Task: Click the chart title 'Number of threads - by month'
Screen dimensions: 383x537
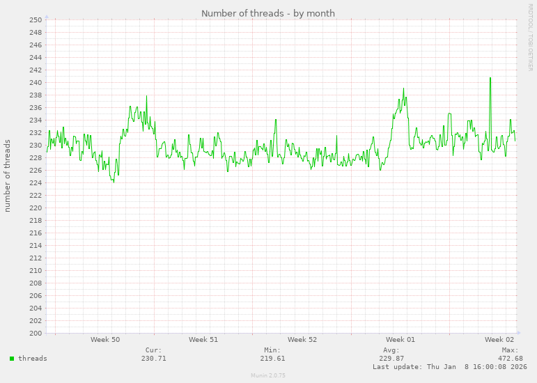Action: [x=268, y=13]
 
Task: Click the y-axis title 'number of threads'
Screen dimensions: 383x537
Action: [x=8, y=175]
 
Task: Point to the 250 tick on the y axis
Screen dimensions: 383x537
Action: [x=36, y=19]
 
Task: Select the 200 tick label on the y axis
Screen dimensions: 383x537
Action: [x=36, y=333]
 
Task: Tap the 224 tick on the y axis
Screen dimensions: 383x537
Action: [x=36, y=182]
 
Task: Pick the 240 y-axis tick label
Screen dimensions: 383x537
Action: [x=36, y=82]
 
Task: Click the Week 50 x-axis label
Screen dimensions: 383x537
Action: [x=105, y=340]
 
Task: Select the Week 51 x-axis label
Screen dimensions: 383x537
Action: [x=203, y=340]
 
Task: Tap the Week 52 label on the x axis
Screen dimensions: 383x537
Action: [x=302, y=340]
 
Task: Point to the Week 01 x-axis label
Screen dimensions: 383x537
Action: [x=400, y=340]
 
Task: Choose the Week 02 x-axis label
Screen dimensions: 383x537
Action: [x=499, y=340]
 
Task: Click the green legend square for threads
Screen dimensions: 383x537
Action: [x=12, y=359]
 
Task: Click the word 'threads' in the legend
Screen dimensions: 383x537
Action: [x=33, y=359]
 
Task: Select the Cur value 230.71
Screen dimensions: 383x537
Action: [x=153, y=359]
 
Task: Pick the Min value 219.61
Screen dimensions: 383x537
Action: [x=272, y=359]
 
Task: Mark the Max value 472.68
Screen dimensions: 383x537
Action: [x=511, y=359]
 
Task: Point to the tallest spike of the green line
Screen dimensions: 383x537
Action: [x=490, y=78]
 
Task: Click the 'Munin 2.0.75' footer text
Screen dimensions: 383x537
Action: [x=268, y=375]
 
